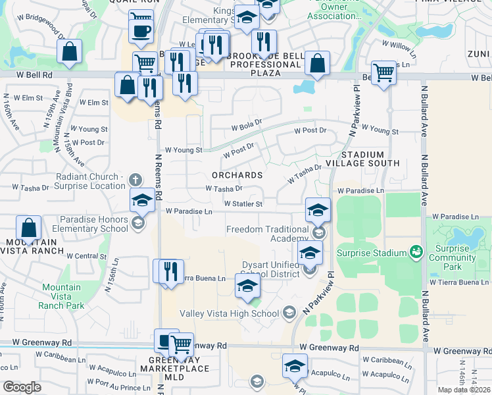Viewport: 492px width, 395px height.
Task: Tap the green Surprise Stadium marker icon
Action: coord(415,252)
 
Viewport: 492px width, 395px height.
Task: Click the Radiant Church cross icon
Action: coord(135,179)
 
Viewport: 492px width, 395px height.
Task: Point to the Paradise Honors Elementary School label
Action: coord(93,224)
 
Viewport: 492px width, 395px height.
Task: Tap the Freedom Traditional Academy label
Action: coord(267,234)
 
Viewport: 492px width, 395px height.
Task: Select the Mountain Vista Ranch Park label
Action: coord(61,296)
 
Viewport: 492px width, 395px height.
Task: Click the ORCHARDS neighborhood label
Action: coord(237,175)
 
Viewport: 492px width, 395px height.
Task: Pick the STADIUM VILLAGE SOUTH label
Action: coord(370,158)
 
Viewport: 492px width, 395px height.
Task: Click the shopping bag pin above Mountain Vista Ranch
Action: coord(29,229)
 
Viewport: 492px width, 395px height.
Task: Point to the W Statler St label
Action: coord(243,204)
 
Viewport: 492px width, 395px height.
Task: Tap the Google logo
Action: coord(22,387)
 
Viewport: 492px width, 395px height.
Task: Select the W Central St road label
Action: coord(86,256)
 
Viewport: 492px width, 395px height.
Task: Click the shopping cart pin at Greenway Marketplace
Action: coord(181,344)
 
